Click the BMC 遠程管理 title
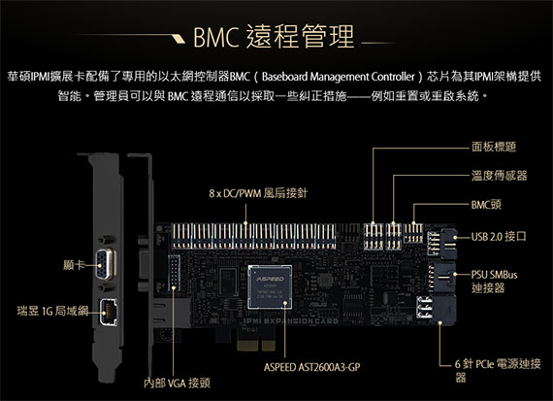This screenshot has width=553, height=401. coord(274,36)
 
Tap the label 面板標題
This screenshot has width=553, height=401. coord(494,147)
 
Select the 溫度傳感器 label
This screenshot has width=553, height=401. coord(499,176)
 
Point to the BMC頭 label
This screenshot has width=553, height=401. coord(486,204)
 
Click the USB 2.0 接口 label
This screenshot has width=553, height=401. coord(499,236)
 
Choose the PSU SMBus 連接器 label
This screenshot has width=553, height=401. coord(494,281)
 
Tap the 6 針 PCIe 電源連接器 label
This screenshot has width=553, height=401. coord(498,370)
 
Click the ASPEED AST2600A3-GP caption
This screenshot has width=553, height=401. coord(312,367)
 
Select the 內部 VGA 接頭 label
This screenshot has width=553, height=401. coord(177,383)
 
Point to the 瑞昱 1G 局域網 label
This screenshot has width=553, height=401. coord(52,311)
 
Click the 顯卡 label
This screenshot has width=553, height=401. coord(74,265)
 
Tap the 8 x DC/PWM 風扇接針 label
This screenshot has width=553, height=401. coord(258,193)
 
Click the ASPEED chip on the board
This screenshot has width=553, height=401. coord(270,286)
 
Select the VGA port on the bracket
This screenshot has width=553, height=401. coord(105,264)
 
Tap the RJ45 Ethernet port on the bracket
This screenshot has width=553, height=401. coord(109,313)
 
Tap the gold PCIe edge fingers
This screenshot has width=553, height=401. coord(256,345)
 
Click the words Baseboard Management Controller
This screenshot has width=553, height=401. coord(339,77)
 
